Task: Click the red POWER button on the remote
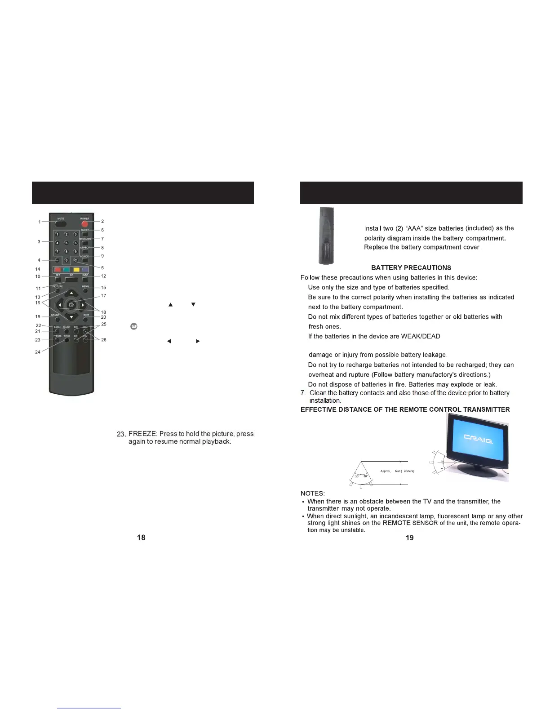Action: point(84,224)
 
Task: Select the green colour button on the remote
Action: point(67,270)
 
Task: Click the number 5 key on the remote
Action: point(67,243)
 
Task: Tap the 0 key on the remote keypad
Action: point(67,260)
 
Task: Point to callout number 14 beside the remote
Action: point(38,269)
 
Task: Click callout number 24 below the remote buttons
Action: point(38,352)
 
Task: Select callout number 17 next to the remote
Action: point(103,296)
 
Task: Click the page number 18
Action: point(141,538)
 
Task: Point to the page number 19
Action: point(409,538)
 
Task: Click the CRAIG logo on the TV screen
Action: point(478,439)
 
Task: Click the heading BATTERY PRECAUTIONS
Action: point(411,268)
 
